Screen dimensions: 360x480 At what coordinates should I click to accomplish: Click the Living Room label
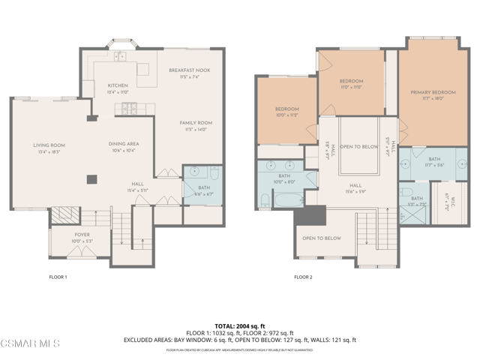(x=49, y=145)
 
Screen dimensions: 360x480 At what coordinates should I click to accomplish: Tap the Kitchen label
(x=118, y=85)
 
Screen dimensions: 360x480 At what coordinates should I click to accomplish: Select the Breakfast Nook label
(x=189, y=70)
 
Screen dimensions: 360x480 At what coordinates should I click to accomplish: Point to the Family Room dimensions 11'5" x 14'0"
(x=196, y=130)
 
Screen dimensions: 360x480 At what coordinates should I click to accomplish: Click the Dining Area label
(x=124, y=144)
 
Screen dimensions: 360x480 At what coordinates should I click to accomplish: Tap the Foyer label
(x=81, y=235)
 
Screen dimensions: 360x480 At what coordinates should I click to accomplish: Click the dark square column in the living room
(x=91, y=178)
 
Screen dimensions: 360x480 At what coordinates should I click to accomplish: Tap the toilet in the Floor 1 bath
(x=214, y=175)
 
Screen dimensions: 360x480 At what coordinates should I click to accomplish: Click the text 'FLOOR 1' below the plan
(x=58, y=277)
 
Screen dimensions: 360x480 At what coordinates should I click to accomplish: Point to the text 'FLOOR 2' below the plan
(x=303, y=277)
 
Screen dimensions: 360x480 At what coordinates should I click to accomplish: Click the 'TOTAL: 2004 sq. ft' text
(x=239, y=326)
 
